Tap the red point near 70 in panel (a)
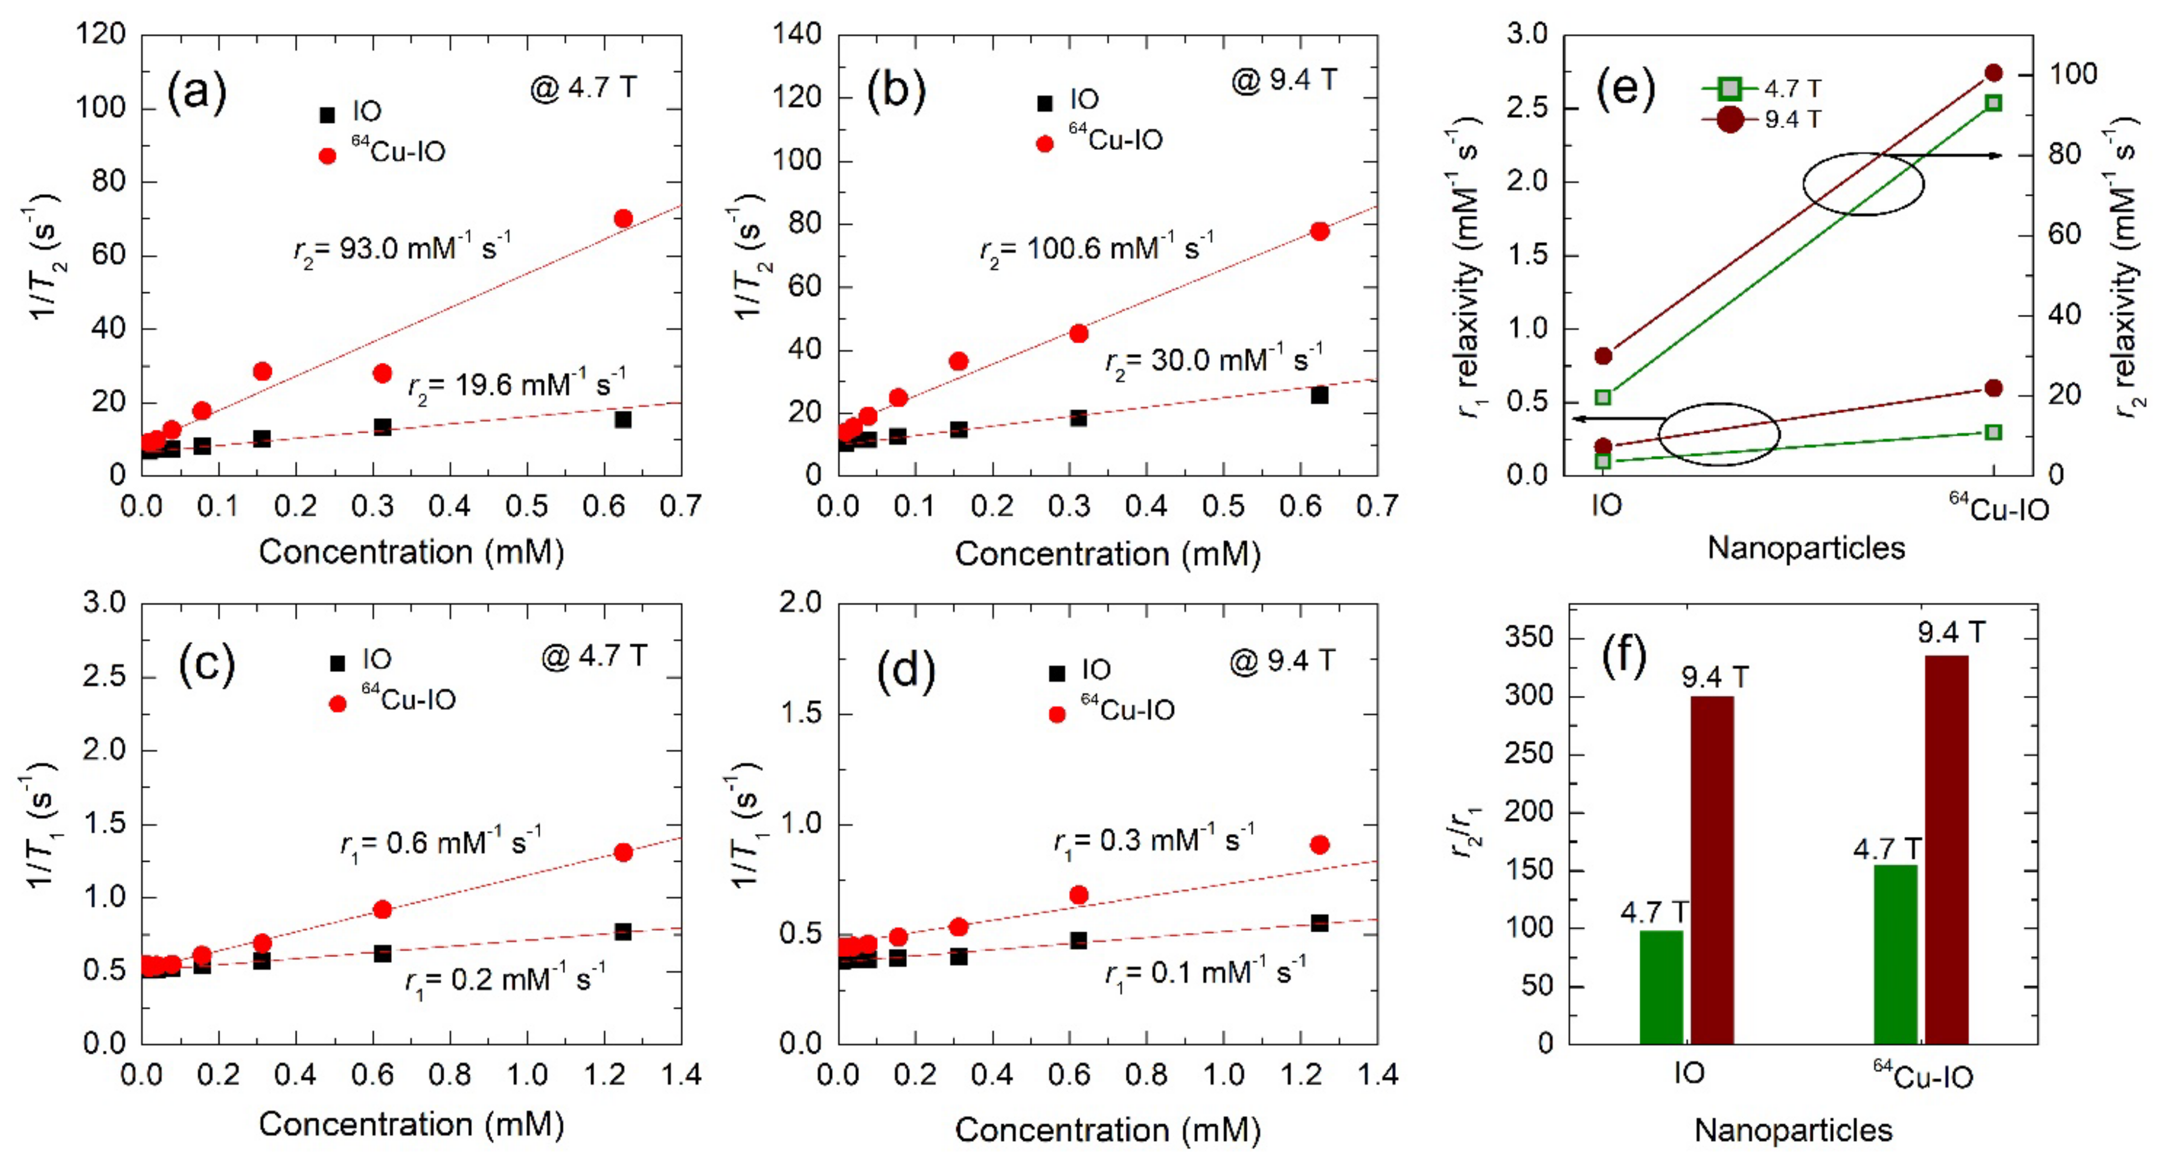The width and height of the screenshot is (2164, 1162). click(623, 218)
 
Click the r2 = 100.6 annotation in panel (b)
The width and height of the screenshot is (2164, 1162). click(1096, 249)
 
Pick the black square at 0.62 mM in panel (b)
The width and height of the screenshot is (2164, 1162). click(1319, 395)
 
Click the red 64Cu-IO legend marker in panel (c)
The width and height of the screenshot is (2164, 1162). click(337, 704)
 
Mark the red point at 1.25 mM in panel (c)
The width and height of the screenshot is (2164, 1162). click(623, 852)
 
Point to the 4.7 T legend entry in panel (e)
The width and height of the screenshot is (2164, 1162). click(1762, 88)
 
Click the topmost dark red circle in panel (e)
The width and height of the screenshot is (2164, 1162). click(1993, 73)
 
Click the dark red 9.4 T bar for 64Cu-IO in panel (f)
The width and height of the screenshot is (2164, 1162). click(1946, 849)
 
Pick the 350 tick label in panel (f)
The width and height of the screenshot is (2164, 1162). click(1528, 638)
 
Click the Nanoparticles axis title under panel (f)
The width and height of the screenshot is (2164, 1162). click(1793, 1130)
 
